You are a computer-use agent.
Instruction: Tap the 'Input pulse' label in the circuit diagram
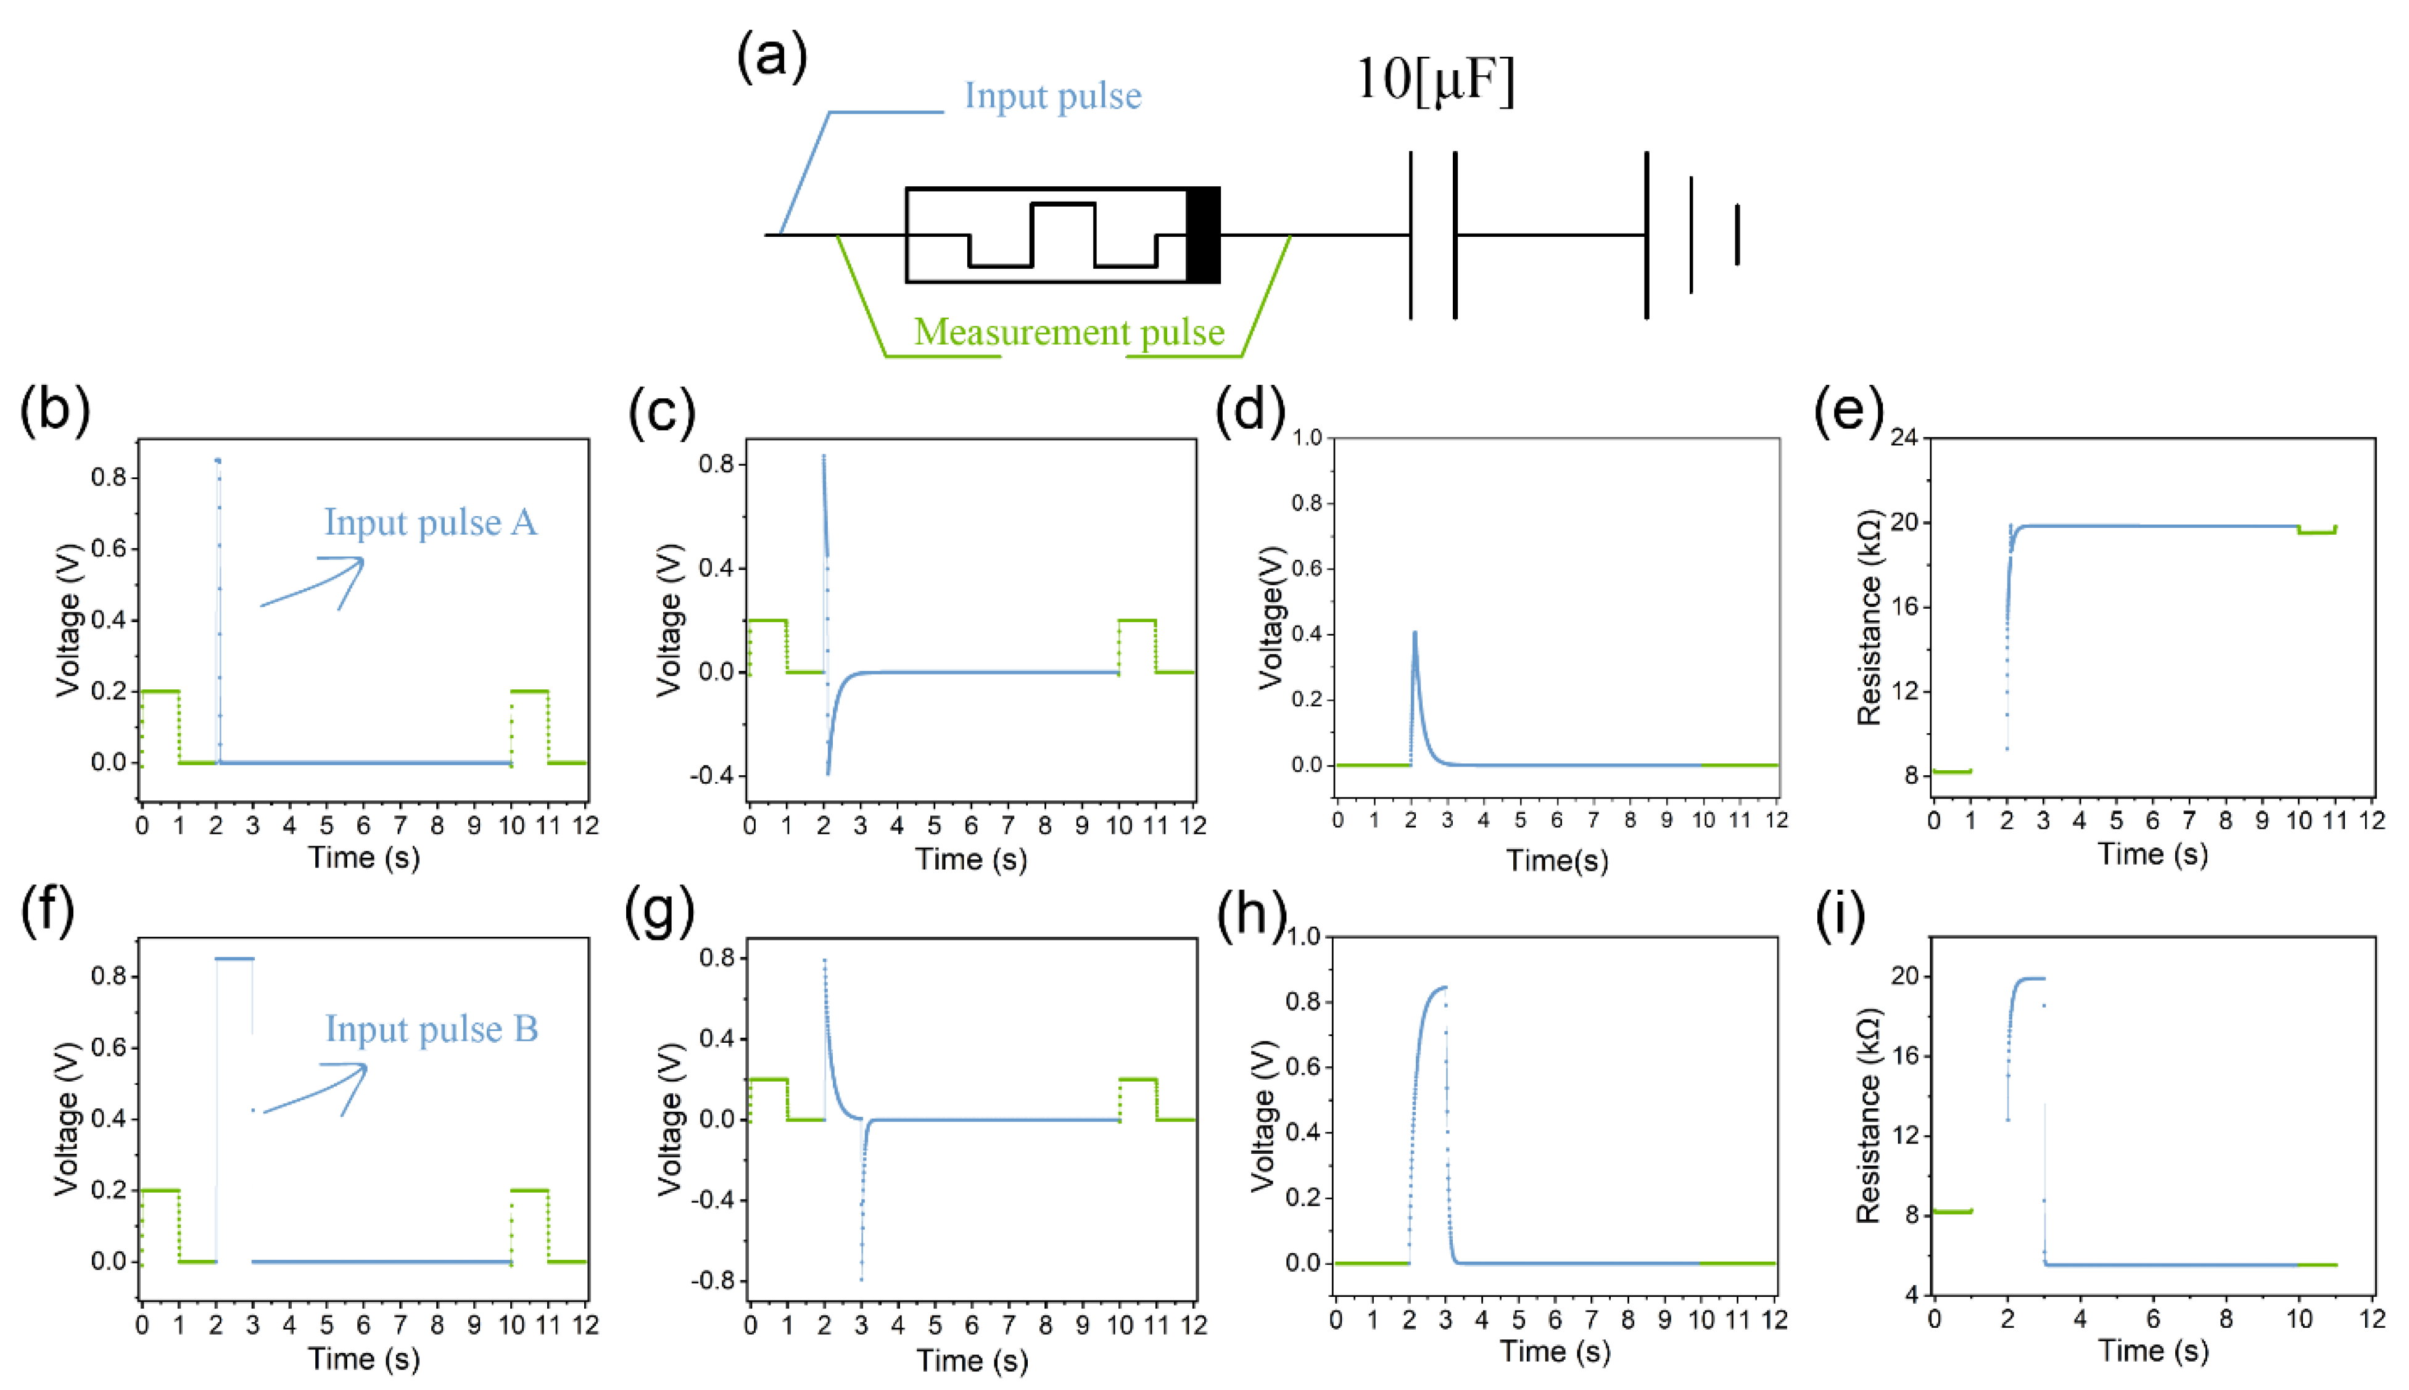(x=1052, y=96)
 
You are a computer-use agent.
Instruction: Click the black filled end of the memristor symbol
(x=1203, y=235)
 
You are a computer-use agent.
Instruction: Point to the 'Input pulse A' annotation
(x=431, y=523)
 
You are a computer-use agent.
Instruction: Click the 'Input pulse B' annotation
(x=432, y=1029)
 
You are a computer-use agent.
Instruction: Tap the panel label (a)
(x=772, y=56)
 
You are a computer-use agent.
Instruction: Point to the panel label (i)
(x=1840, y=915)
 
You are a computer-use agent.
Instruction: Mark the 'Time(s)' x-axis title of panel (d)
(x=1556, y=861)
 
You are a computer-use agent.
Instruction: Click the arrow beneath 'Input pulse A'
(x=315, y=582)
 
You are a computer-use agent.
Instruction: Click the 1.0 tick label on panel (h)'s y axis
(x=1305, y=937)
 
